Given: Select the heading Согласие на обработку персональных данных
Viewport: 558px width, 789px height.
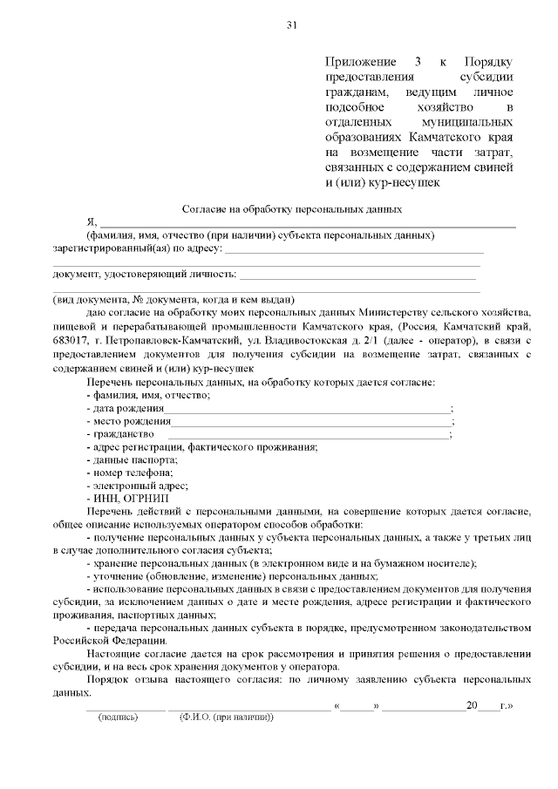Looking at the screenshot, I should click(291, 209).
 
